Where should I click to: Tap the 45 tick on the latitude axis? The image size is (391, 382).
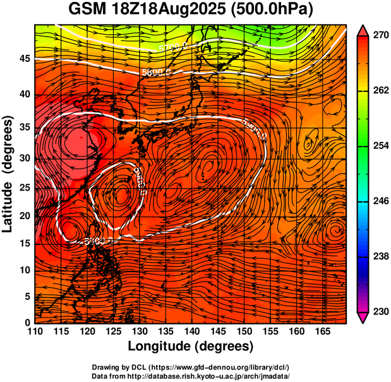pos(23,58)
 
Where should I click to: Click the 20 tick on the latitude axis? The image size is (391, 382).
pos(23,216)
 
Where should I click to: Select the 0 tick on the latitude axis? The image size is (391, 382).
pos(27,323)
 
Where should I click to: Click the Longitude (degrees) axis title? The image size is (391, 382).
pos(191,346)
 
